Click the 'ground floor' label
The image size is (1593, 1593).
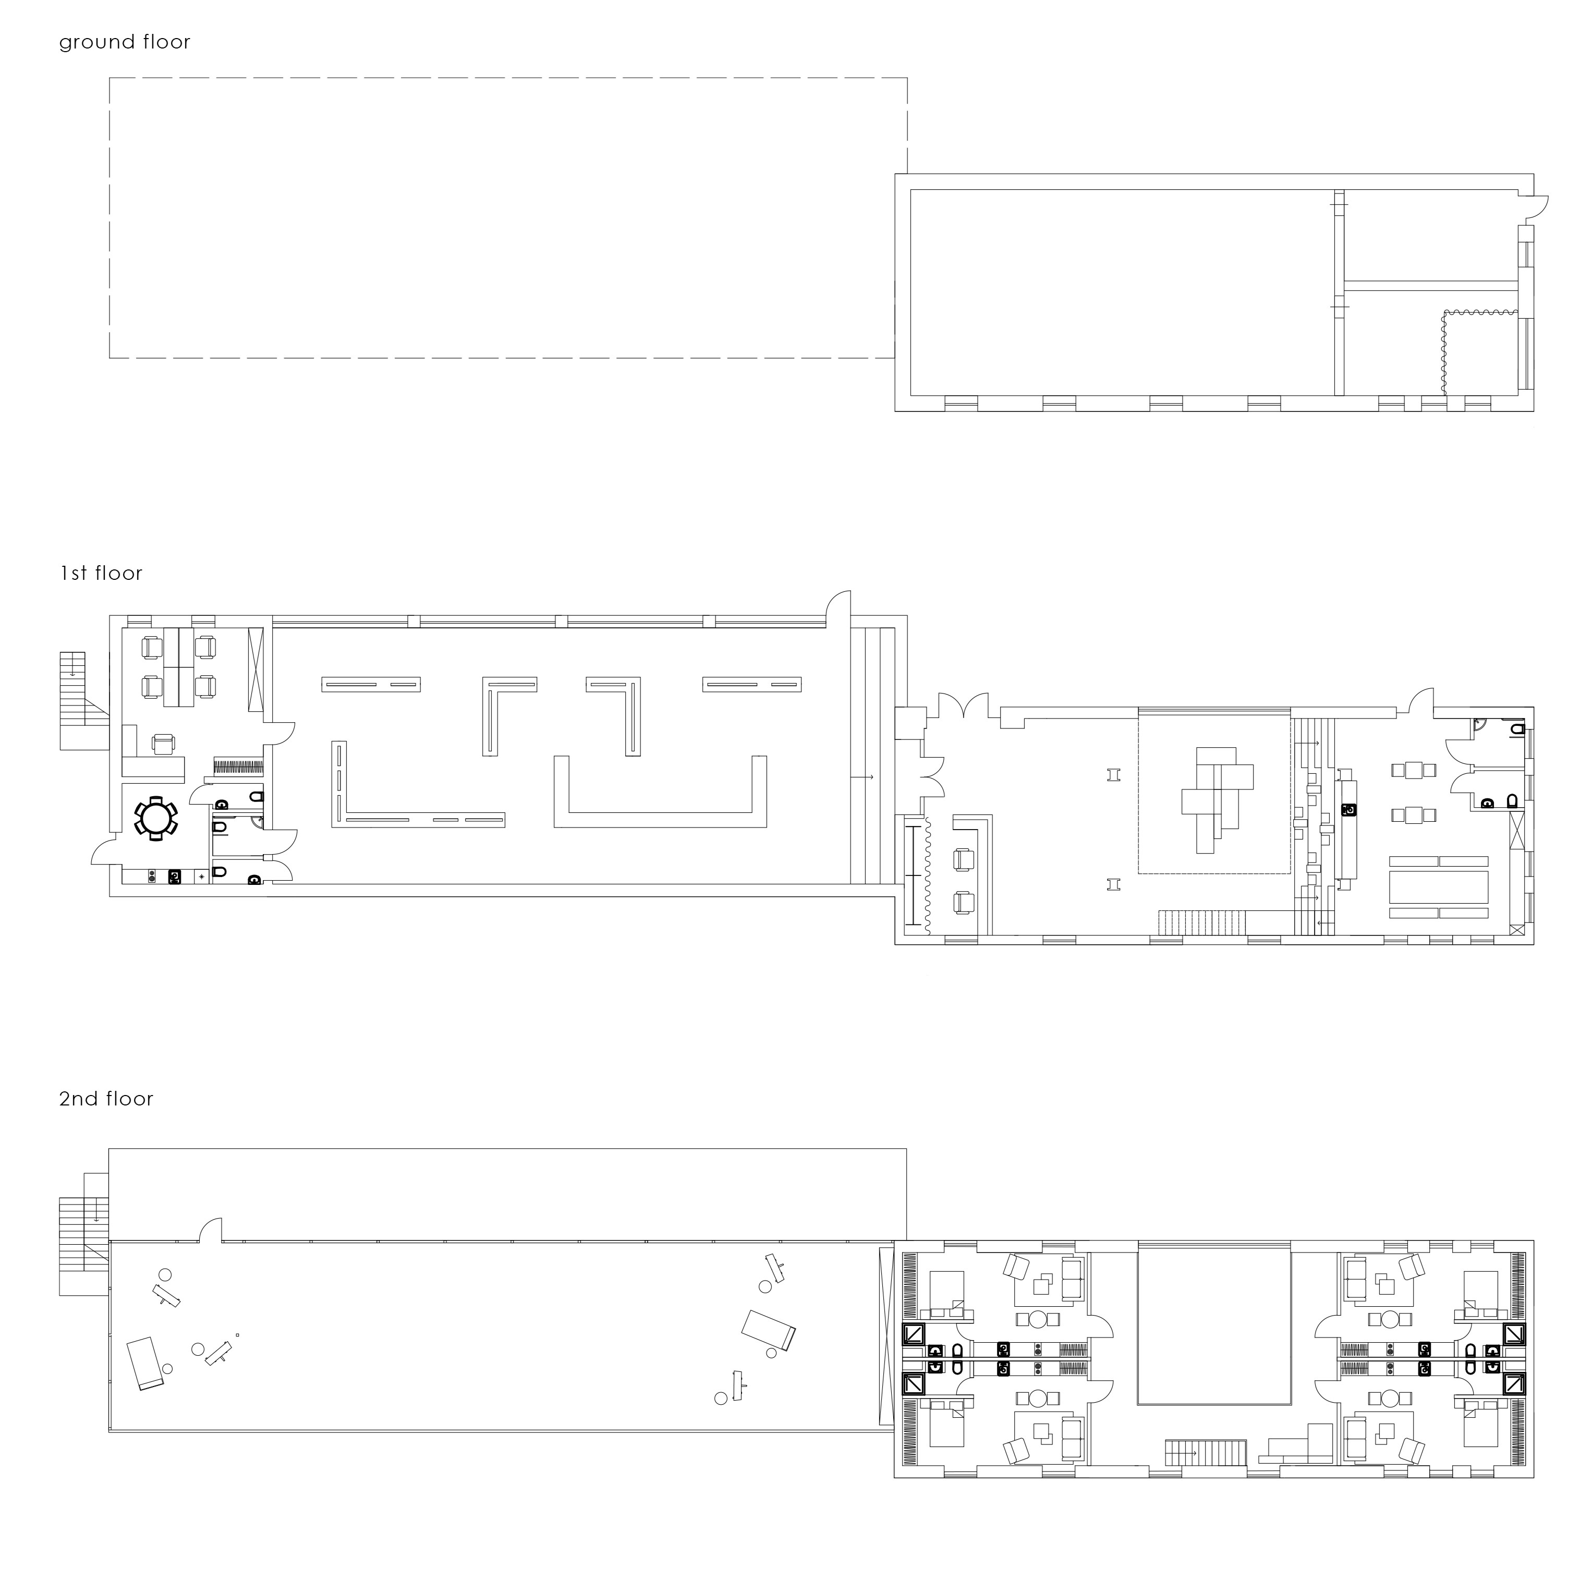pos(125,42)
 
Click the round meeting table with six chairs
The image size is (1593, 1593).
pos(156,818)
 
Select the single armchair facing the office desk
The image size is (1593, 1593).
pos(164,745)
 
